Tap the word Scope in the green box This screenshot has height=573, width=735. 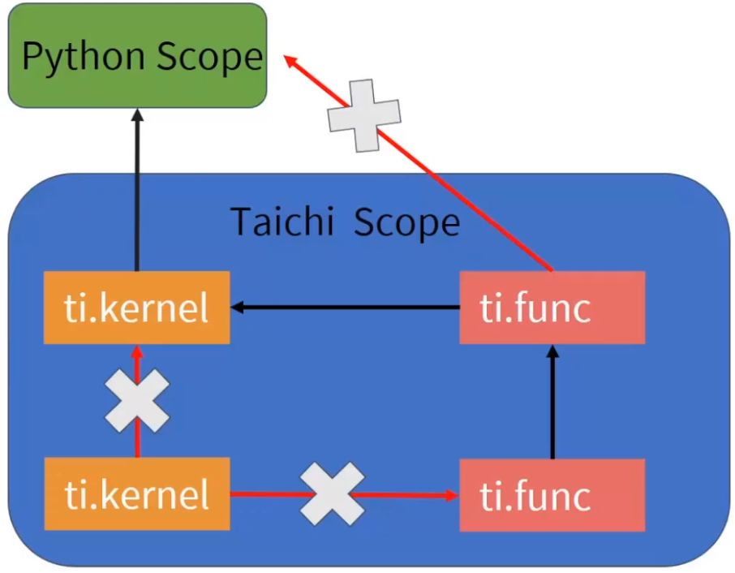[x=210, y=57]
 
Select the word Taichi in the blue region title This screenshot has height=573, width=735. [x=282, y=221]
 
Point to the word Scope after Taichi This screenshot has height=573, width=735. [x=406, y=221]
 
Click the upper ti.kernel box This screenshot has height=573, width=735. [x=137, y=308]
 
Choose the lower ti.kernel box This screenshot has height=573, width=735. [x=137, y=493]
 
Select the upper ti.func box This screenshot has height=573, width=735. [x=552, y=308]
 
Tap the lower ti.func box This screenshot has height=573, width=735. [x=552, y=494]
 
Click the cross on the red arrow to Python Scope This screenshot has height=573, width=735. [x=364, y=115]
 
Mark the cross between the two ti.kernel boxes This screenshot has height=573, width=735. [x=137, y=400]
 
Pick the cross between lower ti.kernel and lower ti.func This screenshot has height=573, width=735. [x=332, y=493]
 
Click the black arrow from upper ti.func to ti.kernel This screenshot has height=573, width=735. [x=349, y=307]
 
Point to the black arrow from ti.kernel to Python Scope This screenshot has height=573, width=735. [x=136, y=195]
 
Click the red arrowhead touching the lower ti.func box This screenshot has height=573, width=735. [x=450, y=493]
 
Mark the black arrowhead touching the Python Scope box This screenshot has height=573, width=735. [x=136, y=116]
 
